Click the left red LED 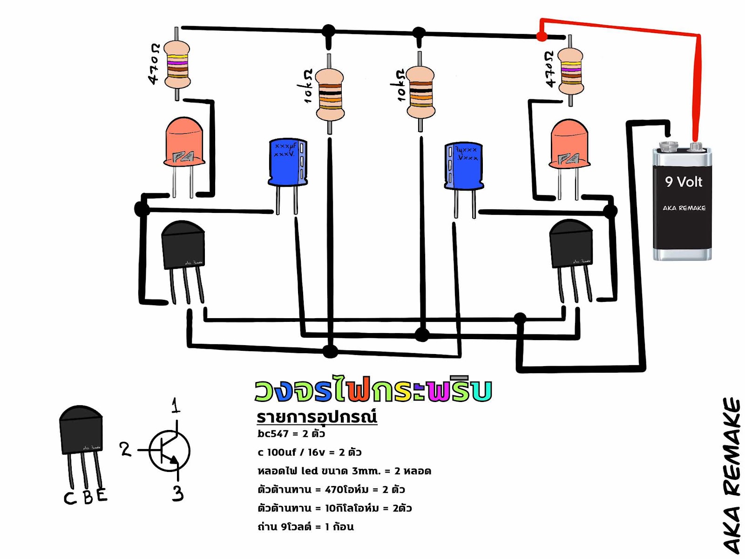click(x=184, y=142)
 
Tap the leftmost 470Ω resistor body click(x=177, y=65)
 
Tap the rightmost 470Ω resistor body click(x=570, y=71)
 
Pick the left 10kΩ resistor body click(x=330, y=95)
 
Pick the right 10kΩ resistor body click(x=420, y=93)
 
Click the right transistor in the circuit click(x=571, y=244)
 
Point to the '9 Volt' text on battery click(x=683, y=182)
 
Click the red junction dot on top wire click(x=542, y=36)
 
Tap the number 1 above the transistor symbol click(x=176, y=405)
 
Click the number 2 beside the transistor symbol click(x=125, y=449)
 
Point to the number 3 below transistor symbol click(x=177, y=493)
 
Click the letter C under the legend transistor click(x=70, y=498)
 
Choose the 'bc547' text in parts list click(x=273, y=434)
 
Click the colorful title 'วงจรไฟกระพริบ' click(x=373, y=390)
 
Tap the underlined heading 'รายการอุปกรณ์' click(x=317, y=416)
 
